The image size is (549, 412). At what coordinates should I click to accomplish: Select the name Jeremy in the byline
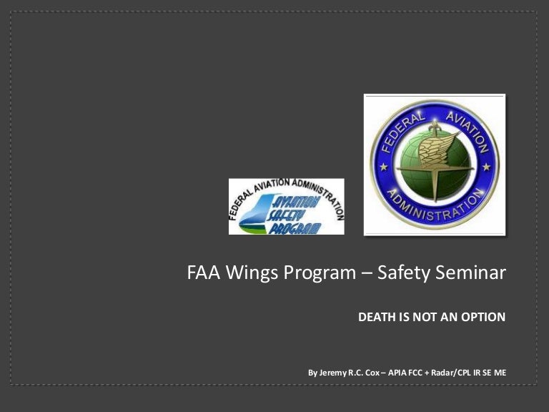(x=332, y=373)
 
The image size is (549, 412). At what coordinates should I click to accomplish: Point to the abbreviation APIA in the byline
(x=397, y=373)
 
